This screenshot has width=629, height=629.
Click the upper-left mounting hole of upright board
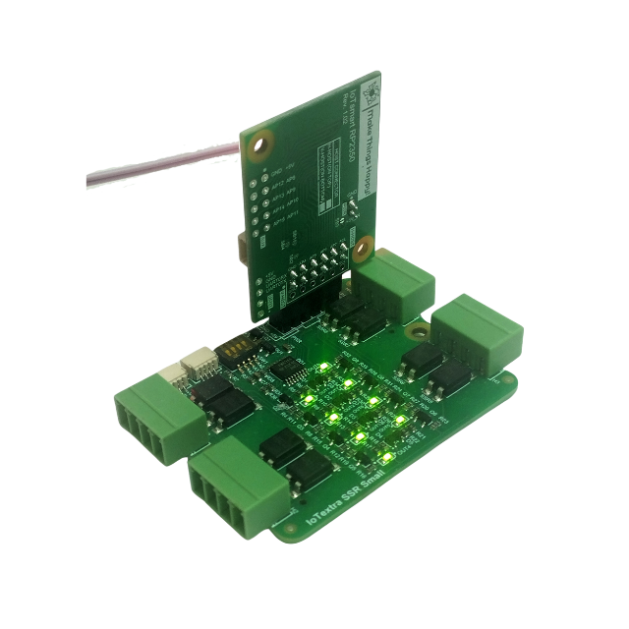point(258,148)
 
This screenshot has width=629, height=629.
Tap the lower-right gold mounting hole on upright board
point(363,245)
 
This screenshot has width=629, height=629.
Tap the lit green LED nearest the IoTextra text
point(387,459)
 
